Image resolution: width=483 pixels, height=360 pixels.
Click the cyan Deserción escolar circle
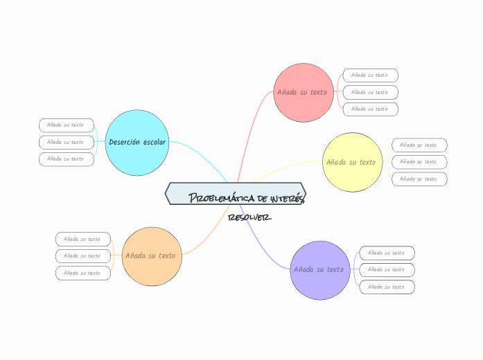pyautogui.click(x=137, y=142)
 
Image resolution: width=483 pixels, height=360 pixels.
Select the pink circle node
pyautogui.click(x=304, y=92)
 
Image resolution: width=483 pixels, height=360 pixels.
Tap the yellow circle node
pyautogui.click(x=353, y=162)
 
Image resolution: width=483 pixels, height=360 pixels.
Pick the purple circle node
pyautogui.click(x=319, y=270)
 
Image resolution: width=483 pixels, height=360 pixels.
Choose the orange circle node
pyautogui.click(x=151, y=255)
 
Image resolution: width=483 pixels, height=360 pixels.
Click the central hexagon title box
pyautogui.click(x=236, y=194)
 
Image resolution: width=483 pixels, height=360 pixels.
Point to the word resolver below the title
pyautogui.click(x=249, y=217)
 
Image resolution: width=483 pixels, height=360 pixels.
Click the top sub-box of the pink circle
pyautogui.click(x=370, y=75)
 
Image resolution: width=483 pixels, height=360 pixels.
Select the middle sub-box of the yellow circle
pyautogui.click(x=419, y=162)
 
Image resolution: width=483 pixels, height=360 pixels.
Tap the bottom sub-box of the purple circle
pyautogui.click(x=387, y=287)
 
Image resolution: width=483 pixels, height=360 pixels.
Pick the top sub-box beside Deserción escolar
pyautogui.click(x=66, y=125)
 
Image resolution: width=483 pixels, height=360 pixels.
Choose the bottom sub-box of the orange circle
pyautogui.click(x=82, y=273)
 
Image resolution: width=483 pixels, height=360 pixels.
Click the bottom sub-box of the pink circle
pyautogui.click(x=370, y=109)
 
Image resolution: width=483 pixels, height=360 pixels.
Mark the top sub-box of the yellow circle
pyautogui.click(x=419, y=145)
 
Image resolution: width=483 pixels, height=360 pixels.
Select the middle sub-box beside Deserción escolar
pyautogui.click(x=66, y=142)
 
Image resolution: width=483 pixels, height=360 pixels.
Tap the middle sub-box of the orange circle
pyautogui.click(x=82, y=256)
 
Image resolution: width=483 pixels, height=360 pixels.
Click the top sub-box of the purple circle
pyautogui.click(x=387, y=253)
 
